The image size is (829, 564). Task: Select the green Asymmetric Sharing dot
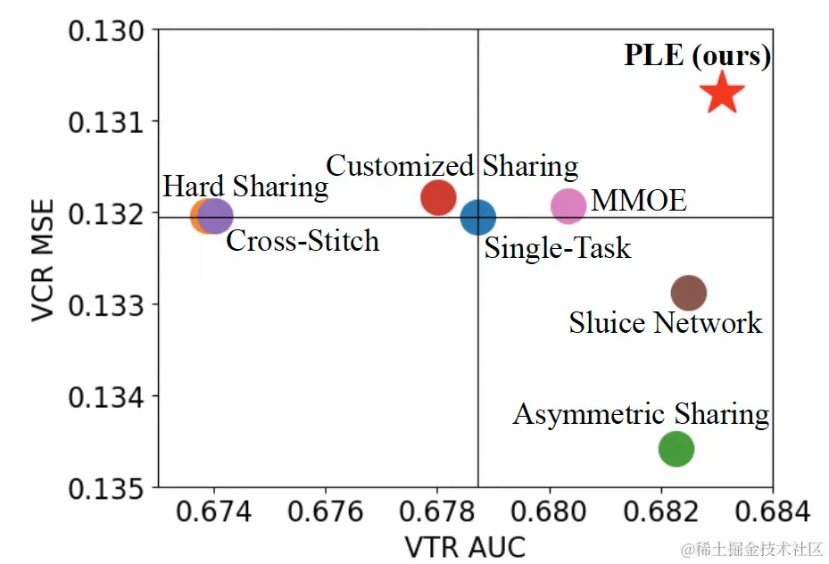676,448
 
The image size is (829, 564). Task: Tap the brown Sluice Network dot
688,292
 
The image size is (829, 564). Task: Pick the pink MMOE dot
568,205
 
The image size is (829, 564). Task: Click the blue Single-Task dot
477,216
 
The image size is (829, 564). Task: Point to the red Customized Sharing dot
438,196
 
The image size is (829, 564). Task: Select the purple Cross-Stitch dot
216,215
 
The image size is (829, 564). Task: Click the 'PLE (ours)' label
697,56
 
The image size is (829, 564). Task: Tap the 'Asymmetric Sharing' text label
641,414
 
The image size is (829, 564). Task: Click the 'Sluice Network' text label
666,322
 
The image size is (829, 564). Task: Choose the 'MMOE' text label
639,201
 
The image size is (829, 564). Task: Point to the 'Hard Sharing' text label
245,187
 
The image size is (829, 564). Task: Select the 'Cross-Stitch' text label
303,241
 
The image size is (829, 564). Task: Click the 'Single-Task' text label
558,247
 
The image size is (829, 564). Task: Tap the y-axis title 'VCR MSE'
43,260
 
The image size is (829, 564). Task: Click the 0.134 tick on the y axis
106,396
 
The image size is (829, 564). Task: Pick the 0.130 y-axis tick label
106,30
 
